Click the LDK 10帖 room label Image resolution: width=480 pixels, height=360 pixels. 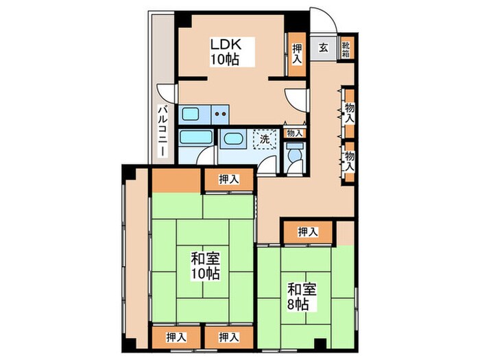point(225,51)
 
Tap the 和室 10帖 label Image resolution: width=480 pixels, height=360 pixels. point(205,266)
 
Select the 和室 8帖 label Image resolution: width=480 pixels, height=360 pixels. point(302,297)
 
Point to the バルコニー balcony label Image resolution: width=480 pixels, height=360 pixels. point(163,131)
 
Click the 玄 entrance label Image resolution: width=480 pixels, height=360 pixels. point(323,48)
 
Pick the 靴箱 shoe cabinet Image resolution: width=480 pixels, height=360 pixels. point(347,48)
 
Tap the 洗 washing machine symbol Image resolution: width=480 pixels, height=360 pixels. point(265,139)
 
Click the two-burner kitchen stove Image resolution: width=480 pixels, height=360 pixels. point(220,115)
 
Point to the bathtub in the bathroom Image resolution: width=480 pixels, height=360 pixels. point(196,137)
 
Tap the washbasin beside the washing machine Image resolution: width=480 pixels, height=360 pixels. point(233,139)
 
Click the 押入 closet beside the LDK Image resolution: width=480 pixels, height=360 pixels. point(296,54)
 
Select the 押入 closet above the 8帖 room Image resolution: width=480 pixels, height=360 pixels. point(308,232)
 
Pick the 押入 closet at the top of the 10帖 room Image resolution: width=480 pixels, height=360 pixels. point(229,180)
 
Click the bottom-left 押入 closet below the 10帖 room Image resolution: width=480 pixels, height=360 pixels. point(176,337)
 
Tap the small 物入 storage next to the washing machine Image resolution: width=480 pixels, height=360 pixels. point(294,134)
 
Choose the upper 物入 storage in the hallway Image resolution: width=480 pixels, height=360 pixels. point(349,112)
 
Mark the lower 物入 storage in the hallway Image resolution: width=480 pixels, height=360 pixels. point(349,162)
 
